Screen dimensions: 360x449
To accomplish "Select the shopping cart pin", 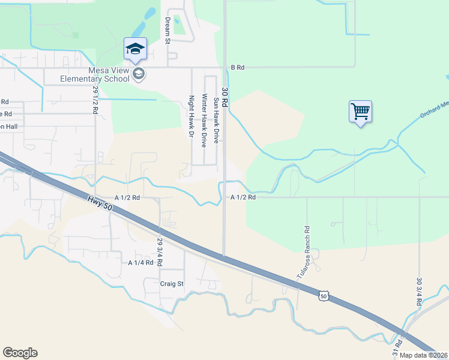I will pos(360,112).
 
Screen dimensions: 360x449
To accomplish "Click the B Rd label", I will pos(238,68).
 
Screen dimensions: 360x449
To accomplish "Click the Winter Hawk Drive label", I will pos(204,121).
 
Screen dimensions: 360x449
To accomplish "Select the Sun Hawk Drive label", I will pos(217,118).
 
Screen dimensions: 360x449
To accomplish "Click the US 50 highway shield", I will pos(324,296).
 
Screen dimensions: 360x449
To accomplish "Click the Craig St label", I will pos(172,284).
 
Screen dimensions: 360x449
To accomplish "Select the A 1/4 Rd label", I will pos(140,263).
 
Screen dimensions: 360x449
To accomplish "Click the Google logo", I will pos(20,353).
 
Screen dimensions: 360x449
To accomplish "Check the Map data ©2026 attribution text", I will pos(424,355).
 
